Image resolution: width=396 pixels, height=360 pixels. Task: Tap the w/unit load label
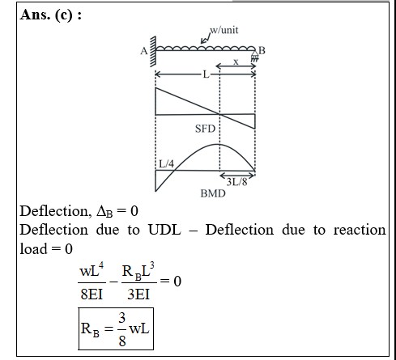[x=224, y=30]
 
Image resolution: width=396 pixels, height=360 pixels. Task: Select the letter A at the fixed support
[x=144, y=51]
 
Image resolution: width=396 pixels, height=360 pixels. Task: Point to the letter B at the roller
[x=262, y=50]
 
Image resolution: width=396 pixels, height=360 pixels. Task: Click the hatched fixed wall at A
[x=153, y=51]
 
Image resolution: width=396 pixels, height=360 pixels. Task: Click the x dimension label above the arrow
[x=236, y=62]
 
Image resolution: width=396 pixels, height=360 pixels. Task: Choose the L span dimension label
[x=206, y=74]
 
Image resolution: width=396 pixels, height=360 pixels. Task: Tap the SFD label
[x=205, y=129]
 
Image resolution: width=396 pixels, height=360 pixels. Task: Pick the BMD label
[x=213, y=193]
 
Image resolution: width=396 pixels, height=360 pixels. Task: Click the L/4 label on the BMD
[x=167, y=163]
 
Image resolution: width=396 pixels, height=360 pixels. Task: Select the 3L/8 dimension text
[x=236, y=182]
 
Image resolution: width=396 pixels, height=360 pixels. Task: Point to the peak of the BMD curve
[x=218, y=145]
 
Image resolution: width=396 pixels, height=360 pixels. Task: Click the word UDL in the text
[x=164, y=230]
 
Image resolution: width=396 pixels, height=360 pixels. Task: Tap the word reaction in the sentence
[x=360, y=230]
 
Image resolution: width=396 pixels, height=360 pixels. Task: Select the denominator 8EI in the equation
[x=92, y=294]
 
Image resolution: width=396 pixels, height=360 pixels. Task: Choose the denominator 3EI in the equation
[x=138, y=294]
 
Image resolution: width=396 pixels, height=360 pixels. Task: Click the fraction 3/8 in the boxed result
[x=122, y=329]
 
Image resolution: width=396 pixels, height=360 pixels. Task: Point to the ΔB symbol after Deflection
[x=104, y=211]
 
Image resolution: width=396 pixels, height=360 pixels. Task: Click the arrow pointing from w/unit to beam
[x=206, y=39]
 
